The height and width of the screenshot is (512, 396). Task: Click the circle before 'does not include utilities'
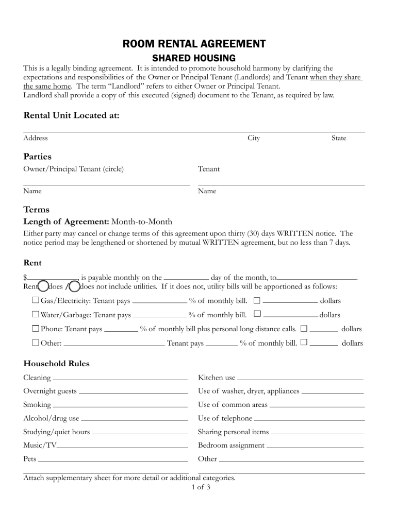pos(74,286)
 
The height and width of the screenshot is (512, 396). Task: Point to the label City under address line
pos(254,138)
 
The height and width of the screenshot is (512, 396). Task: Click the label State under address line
pos(339,138)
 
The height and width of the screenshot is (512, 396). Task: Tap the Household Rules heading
pos(56,364)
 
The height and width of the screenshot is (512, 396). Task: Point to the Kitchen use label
pos(217,378)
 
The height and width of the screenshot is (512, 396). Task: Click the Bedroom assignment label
pos(231,445)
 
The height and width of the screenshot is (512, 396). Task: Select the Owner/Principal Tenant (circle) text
pos(74,169)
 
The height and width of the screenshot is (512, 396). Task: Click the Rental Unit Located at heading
pos(72,116)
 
